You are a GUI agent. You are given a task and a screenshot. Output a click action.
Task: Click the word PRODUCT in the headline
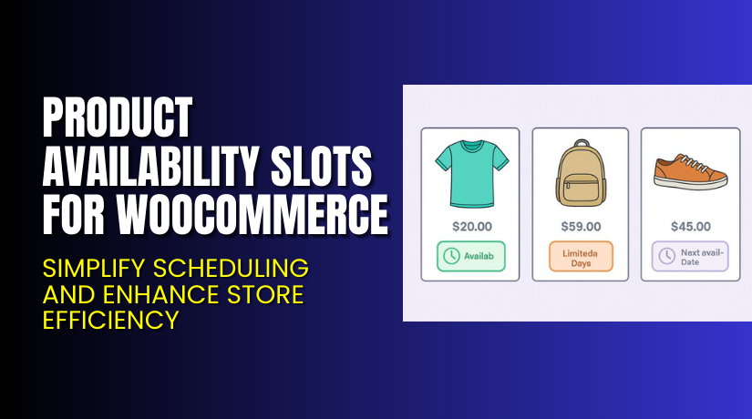click(119, 118)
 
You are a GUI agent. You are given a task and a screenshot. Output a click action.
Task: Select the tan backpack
click(579, 174)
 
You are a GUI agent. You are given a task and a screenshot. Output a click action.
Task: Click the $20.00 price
click(470, 226)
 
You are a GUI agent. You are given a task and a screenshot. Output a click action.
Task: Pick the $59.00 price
click(580, 226)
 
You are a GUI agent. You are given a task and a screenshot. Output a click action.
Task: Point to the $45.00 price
click(689, 226)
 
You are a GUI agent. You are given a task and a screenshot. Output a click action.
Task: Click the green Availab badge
click(470, 257)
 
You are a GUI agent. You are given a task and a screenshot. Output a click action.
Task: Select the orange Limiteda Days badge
click(580, 257)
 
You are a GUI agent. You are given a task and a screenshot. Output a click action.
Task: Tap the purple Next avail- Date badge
click(689, 257)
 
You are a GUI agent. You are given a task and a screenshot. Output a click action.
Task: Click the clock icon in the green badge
click(451, 257)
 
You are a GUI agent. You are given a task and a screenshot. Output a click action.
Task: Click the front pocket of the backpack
click(579, 189)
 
